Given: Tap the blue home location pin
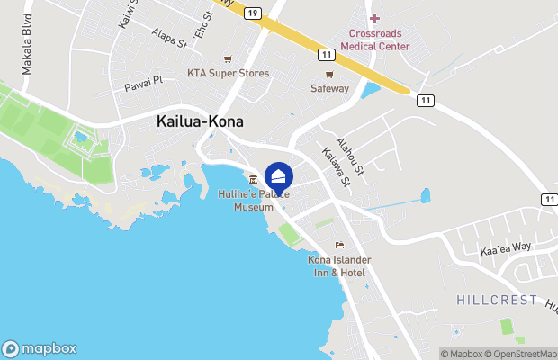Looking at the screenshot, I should [279, 176].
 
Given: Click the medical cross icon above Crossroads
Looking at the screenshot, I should [375, 19].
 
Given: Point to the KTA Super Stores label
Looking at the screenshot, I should [228, 73].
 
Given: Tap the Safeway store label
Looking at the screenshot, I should [329, 88].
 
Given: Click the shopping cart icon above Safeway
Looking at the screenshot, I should [329, 74].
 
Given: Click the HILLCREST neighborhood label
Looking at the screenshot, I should [497, 300].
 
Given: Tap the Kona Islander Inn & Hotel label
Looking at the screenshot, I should [339, 265].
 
